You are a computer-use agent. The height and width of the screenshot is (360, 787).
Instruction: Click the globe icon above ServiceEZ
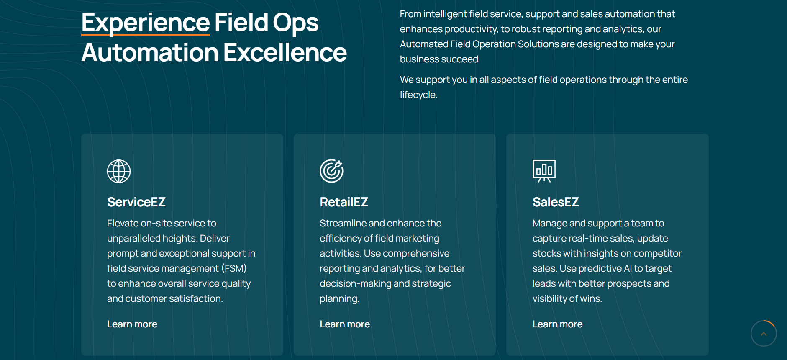point(119,171)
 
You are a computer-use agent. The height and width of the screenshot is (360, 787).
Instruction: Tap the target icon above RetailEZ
point(332,171)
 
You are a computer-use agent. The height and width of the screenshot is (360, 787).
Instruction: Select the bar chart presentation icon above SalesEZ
point(544,171)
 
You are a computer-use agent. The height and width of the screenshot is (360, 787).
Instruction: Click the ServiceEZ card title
point(136,202)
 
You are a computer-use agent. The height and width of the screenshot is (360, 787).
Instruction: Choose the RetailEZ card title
point(344,202)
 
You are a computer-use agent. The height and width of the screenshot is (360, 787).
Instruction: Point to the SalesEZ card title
point(556,202)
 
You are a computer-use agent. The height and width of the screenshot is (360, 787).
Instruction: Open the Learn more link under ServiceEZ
point(132,324)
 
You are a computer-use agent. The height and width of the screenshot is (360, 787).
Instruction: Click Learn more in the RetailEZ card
point(345,324)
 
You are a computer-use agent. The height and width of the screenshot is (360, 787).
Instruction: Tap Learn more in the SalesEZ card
point(558,324)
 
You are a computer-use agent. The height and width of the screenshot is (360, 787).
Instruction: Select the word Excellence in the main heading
point(285,53)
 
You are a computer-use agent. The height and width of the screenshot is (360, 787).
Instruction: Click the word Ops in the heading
point(296,23)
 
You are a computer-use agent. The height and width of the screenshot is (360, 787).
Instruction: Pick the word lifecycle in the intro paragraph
point(418,95)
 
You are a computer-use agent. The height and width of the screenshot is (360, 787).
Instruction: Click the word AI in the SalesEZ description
point(628,268)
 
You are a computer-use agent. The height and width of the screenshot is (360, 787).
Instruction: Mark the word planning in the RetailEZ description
point(338,299)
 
